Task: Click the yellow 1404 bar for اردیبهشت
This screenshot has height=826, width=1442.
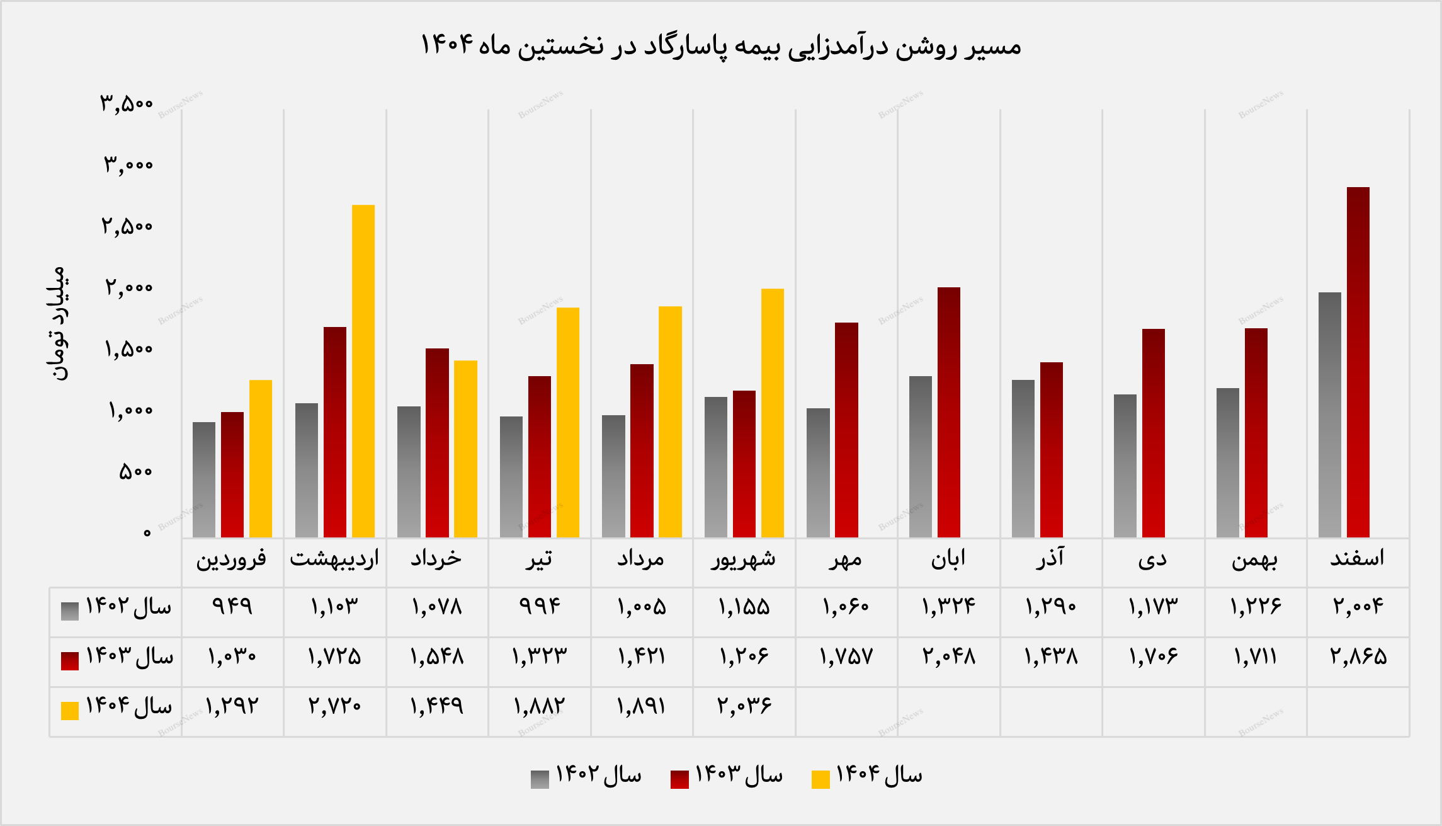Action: point(363,371)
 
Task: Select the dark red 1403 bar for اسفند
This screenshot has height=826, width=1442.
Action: point(1358,362)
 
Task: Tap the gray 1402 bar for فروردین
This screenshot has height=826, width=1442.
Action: point(204,479)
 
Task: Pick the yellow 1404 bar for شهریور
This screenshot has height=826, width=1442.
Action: point(773,413)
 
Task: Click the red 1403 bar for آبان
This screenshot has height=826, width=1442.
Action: point(949,412)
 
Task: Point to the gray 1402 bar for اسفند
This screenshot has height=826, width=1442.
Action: point(1330,415)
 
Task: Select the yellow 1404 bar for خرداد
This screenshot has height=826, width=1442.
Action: point(465,449)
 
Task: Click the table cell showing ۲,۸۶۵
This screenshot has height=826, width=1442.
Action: point(1358,657)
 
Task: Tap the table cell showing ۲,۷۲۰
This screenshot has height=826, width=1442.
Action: point(334,706)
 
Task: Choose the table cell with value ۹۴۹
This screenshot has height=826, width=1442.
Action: point(232,606)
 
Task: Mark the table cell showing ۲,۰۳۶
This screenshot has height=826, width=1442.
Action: point(744,706)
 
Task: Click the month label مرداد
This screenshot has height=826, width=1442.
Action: point(641,559)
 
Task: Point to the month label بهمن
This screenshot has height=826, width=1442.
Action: point(1255,559)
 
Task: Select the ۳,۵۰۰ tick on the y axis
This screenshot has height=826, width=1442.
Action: point(127,103)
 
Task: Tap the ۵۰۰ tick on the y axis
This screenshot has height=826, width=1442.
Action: point(135,471)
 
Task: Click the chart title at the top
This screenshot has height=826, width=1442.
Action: point(720,45)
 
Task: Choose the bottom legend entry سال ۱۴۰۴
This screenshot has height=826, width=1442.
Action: point(868,776)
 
